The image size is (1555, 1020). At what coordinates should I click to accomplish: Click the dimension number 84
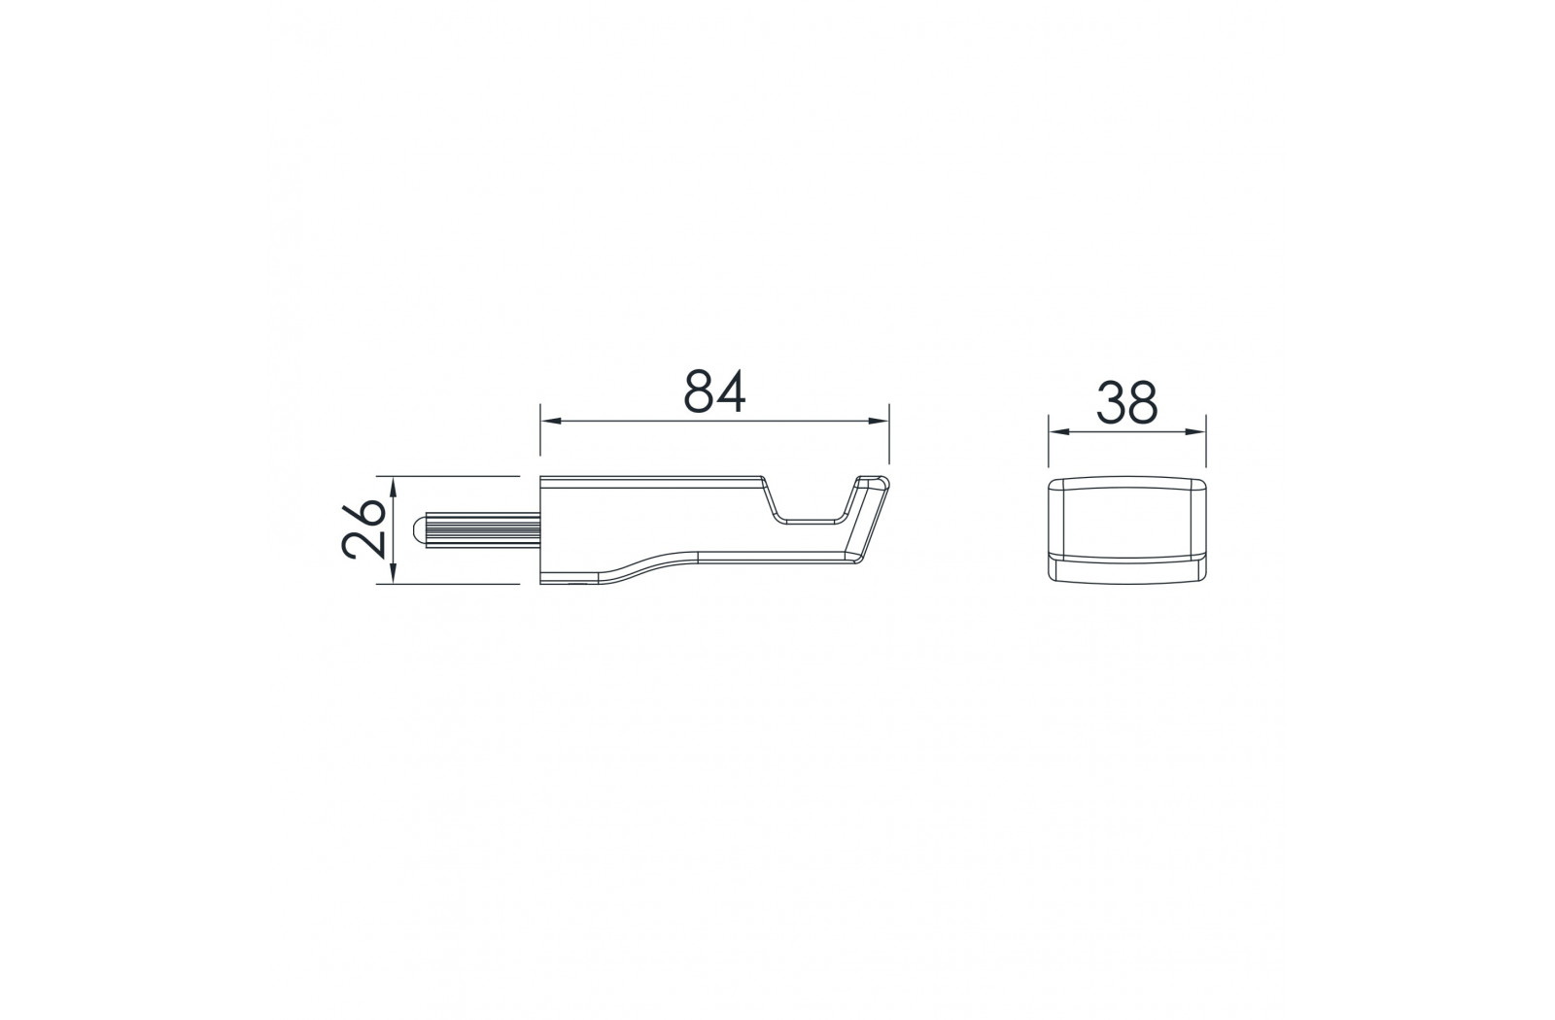point(714,391)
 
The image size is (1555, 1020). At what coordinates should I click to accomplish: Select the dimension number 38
point(1126,402)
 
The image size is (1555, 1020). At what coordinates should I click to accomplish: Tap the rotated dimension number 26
point(363,528)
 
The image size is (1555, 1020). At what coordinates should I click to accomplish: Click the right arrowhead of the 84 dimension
point(880,422)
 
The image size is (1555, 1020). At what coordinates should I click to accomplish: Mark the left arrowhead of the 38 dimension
point(1058,431)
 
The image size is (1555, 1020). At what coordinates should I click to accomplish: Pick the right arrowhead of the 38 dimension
point(1196,431)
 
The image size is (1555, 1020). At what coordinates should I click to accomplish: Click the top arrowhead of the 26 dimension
point(393,487)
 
